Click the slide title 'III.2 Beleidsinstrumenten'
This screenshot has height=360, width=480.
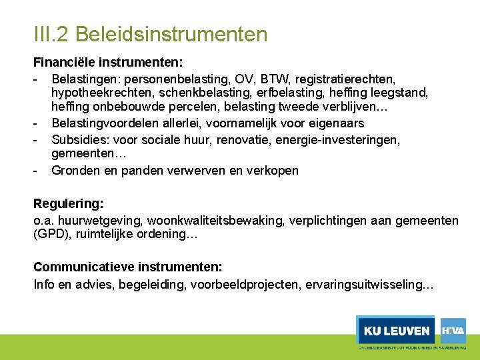(x=150, y=34)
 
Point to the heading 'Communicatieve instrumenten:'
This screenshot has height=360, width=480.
(x=128, y=267)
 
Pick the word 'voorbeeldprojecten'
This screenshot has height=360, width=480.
(x=245, y=285)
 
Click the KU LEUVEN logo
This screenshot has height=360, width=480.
(x=395, y=330)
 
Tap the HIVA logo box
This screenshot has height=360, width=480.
(x=453, y=329)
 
